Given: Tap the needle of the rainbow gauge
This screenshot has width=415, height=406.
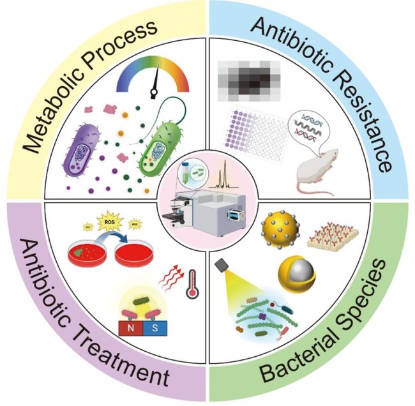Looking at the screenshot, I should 153,87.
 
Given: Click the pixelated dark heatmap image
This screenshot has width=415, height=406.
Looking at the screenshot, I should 250,80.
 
